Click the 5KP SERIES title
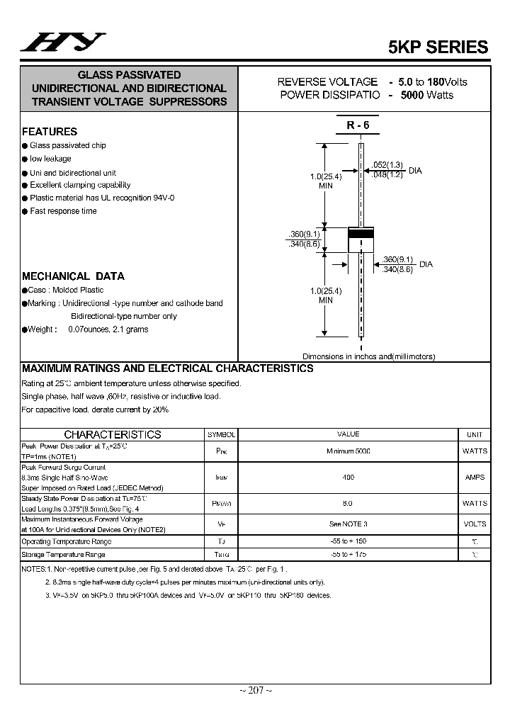pyautogui.click(x=438, y=47)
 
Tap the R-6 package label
pyautogui.click(x=358, y=125)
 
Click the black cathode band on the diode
pyautogui.click(x=361, y=234)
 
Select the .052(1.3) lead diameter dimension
pyautogui.click(x=388, y=164)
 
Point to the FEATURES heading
pyautogui.click(x=50, y=132)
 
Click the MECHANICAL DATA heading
pyautogui.click(x=73, y=276)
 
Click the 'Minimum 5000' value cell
pyautogui.click(x=348, y=451)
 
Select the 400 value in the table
pyautogui.click(x=348, y=478)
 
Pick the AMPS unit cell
pyautogui.click(x=475, y=478)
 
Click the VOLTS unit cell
pyautogui.click(x=475, y=524)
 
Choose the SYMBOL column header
pyautogui.click(x=221, y=434)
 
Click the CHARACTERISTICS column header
pyautogui.click(x=113, y=434)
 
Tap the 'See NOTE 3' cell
pyautogui.click(x=348, y=524)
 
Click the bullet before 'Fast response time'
pyautogui.click(x=25, y=211)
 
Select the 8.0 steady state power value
pyautogui.click(x=348, y=503)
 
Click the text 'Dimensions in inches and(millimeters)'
pyautogui.click(x=368, y=357)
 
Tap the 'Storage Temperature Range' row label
pyautogui.click(x=64, y=555)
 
